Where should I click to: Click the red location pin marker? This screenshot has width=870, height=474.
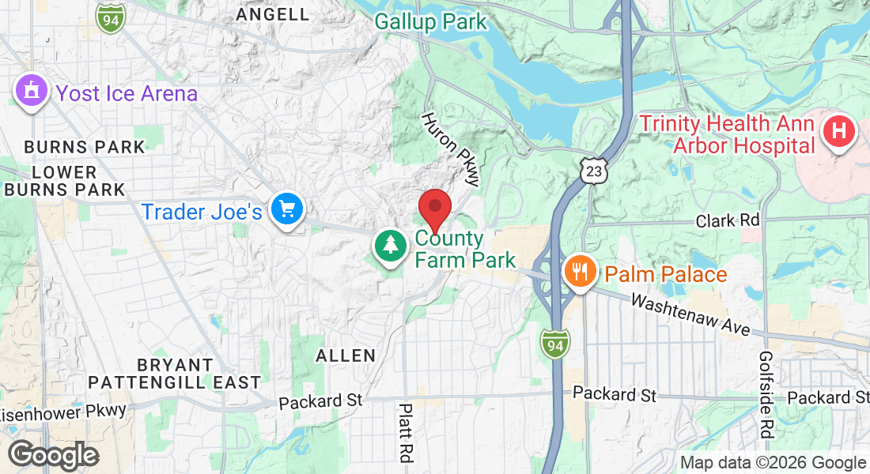[434, 209]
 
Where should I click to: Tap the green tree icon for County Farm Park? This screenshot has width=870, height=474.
[390, 246]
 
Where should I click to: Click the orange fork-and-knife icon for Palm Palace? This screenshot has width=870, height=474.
[581, 273]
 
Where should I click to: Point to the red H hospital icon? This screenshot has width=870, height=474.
[839, 130]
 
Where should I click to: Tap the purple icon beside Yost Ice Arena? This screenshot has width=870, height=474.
[31, 91]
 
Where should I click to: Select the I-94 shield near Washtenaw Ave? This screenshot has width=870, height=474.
[554, 344]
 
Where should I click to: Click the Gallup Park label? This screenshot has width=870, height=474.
[431, 21]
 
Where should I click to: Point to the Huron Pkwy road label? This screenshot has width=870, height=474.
[450, 149]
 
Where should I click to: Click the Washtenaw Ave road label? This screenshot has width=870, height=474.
[690, 314]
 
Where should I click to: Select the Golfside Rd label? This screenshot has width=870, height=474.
[766, 394]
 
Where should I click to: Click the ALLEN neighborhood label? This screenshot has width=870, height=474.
[346, 355]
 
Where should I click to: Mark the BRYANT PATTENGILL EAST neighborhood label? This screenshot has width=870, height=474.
[175, 374]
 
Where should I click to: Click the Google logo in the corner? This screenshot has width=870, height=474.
[53, 455]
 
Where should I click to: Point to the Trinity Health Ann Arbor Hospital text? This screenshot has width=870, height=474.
[728, 134]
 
